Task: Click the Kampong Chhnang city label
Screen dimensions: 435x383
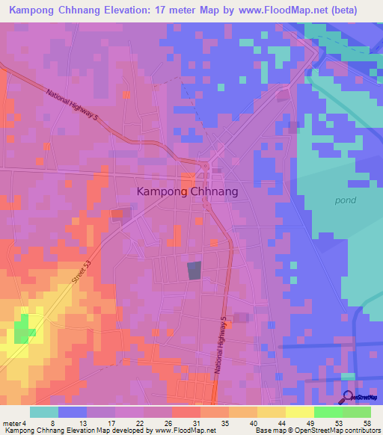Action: pos(188,191)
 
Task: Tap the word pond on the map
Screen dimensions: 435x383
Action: pos(345,200)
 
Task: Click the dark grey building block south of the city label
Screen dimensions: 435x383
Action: pos(194,271)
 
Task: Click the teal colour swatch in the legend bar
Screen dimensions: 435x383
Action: pos(44,412)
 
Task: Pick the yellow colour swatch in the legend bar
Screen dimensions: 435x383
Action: pos(271,412)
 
